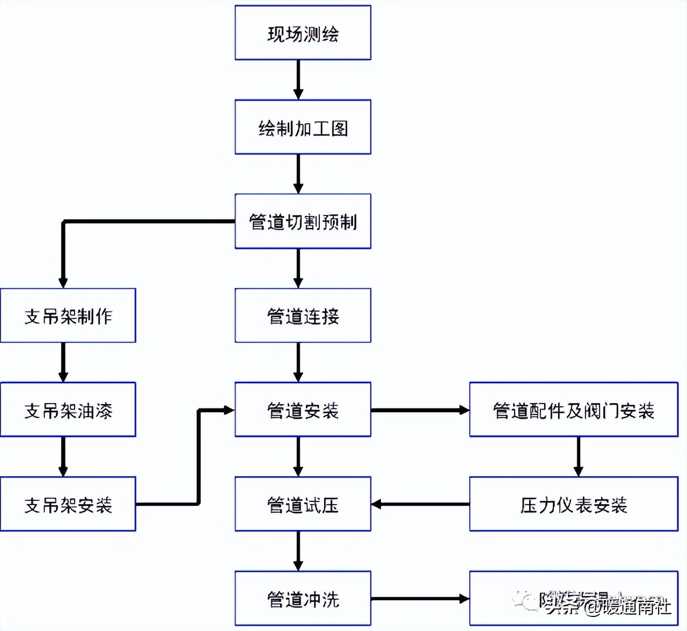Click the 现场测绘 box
tap(303, 33)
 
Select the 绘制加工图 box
tap(303, 127)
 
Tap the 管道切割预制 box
tap(303, 221)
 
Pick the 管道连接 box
tap(303, 315)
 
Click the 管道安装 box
tap(303, 410)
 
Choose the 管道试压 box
tap(303, 504)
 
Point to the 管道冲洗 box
tap(303, 598)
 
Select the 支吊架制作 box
tap(68, 315)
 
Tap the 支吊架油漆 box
tap(68, 410)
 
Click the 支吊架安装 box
tap(68, 504)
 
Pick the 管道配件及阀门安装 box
tap(573, 410)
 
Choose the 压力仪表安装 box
tap(573, 504)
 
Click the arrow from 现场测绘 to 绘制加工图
tap(298, 80)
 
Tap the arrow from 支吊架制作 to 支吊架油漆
tap(63, 362)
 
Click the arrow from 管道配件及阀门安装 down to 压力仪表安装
tap(578, 456)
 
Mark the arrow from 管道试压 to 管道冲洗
tap(298, 551)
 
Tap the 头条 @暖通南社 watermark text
tap(609, 607)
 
